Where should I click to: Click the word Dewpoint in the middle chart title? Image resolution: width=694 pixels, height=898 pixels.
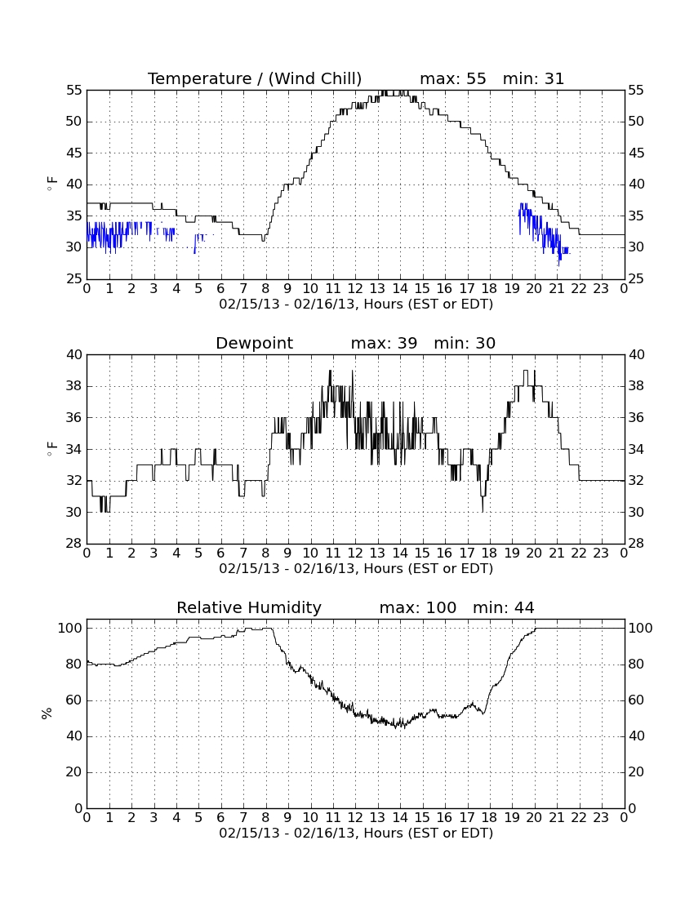point(254,343)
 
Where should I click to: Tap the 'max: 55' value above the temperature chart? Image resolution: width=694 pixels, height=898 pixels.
point(453,78)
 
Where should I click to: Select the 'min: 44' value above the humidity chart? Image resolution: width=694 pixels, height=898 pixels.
point(503,607)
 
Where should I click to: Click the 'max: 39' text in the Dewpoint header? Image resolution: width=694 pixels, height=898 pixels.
point(384,343)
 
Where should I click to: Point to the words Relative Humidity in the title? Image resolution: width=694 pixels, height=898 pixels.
point(249,607)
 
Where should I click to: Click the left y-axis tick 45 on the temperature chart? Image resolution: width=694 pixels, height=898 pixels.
point(74,153)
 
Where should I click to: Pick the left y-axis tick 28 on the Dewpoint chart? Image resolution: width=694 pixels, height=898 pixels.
point(74,544)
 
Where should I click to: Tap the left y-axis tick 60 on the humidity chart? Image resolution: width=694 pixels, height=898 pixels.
point(74,700)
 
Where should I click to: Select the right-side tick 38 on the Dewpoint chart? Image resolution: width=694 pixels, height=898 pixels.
point(637,386)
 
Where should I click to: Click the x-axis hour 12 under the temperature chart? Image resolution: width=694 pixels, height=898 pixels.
point(355,289)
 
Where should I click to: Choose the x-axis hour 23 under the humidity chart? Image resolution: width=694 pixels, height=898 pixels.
point(601,818)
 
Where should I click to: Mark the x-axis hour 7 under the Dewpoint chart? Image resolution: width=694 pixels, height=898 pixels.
point(243,553)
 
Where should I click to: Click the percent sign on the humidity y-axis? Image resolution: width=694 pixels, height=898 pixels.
point(47,714)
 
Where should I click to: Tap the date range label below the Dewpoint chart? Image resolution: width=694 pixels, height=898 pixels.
point(356,568)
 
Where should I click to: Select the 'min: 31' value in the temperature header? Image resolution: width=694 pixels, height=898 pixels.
point(533,78)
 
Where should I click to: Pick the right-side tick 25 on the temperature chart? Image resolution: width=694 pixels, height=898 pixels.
point(637,279)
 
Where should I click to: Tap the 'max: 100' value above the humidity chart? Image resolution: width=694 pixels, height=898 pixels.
point(418,607)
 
